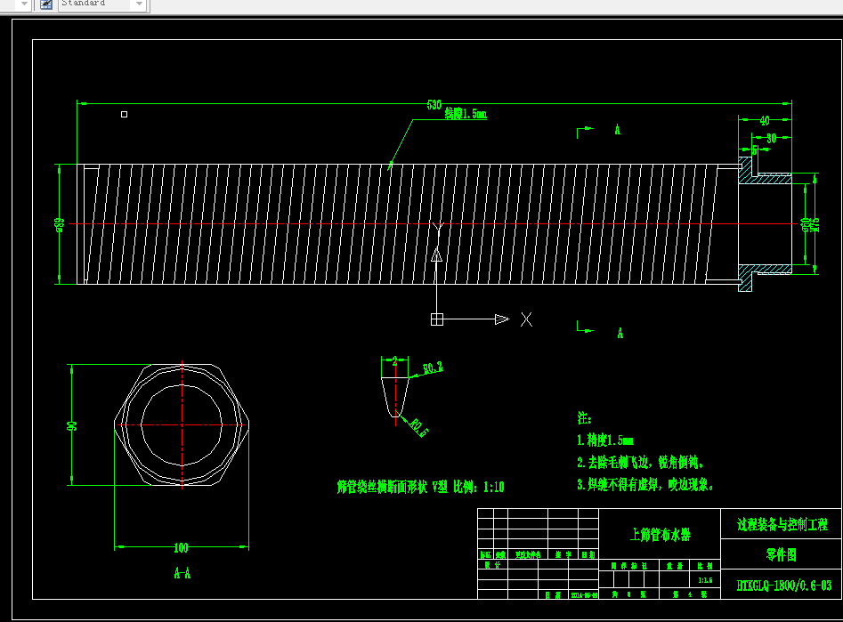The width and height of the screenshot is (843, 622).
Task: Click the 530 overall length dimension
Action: (x=434, y=105)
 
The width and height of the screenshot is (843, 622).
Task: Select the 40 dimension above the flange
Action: (x=764, y=120)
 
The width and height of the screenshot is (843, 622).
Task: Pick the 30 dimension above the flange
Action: (x=771, y=138)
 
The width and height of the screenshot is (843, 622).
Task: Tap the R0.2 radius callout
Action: (x=433, y=367)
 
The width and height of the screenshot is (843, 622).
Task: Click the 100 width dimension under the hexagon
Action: (x=182, y=547)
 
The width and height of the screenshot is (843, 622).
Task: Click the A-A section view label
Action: (x=182, y=574)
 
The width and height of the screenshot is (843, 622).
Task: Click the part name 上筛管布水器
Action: (x=660, y=535)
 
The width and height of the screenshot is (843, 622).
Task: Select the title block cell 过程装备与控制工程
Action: (x=782, y=524)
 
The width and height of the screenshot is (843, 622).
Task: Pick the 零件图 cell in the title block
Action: (x=781, y=555)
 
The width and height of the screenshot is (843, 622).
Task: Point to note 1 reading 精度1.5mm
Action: (x=605, y=440)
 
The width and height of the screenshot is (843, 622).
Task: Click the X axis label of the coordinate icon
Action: (x=526, y=319)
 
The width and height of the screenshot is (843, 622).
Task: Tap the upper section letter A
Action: (x=617, y=131)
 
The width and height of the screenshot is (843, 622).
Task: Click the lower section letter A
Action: (x=620, y=333)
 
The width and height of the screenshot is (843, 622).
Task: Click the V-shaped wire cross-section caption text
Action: (x=420, y=488)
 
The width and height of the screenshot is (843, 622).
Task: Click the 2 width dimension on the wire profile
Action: (x=394, y=361)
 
